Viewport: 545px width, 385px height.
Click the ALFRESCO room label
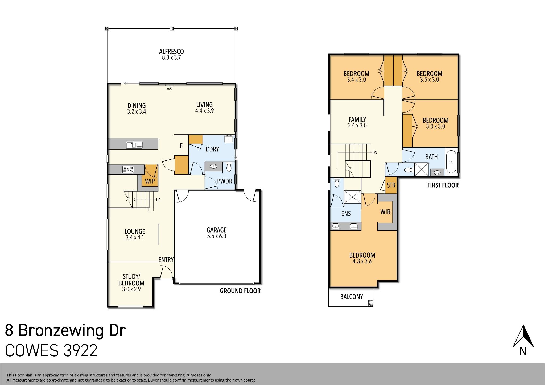coord(171,52)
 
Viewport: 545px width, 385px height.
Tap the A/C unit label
coord(170,89)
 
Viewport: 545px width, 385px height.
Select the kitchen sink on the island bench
coord(134,145)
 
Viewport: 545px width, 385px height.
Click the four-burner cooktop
coord(128,169)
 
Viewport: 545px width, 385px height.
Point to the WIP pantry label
coord(150,181)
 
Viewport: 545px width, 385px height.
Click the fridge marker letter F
coord(181,146)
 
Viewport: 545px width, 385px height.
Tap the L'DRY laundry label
coord(212,149)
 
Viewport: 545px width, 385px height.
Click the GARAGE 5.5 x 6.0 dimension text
coord(217,236)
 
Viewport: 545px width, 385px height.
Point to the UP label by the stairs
coord(158,200)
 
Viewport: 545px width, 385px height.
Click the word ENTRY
coord(166,260)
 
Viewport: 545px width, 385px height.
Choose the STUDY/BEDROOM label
coord(131,280)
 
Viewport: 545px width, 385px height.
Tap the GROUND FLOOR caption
coord(240,291)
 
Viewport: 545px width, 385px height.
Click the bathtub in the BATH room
coord(451,162)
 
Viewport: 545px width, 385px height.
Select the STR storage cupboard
coord(391,185)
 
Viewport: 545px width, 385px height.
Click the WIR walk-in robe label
coord(385,212)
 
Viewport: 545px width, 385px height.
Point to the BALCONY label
coord(352,297)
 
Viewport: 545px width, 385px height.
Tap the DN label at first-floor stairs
coord(375,153)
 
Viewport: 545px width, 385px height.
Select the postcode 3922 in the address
coord(81,351)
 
